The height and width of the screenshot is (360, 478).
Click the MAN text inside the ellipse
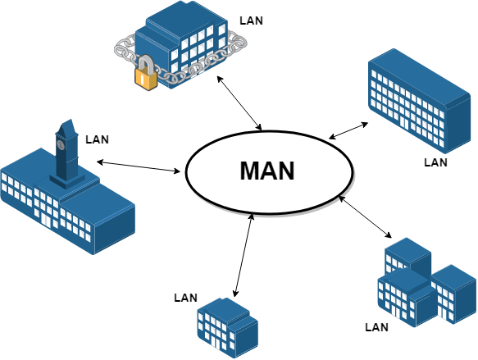click(267, 171)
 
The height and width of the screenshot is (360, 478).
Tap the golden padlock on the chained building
click(146, 73)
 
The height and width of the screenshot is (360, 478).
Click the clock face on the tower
click(61, 144)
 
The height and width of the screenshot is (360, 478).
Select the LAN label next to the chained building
click(251, 21)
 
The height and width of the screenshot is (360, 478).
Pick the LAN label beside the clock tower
click(97, 139)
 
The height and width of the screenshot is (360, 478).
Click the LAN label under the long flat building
click(435, 162)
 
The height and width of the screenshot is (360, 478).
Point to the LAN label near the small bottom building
click(185, 298)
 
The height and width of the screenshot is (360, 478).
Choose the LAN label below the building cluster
click(377, 327)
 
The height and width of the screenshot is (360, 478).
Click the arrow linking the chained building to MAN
click(239, 103)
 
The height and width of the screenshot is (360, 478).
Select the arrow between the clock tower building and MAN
click(139, 166)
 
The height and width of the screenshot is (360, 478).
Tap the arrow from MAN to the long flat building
click(348, 130)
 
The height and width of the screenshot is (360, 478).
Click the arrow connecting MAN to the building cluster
click(365, 216)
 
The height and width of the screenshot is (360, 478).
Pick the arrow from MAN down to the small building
click(244, 255)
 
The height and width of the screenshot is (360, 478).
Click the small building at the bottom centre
click(228, 328)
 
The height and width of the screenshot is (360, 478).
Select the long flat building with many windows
click(420, 101)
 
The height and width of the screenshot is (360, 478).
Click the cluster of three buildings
click(427, 283)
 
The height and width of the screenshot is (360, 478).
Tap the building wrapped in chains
click(181, 45)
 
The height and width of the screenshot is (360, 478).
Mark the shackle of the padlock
click(147, 64)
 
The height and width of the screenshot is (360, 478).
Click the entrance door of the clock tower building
click(46, 220)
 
